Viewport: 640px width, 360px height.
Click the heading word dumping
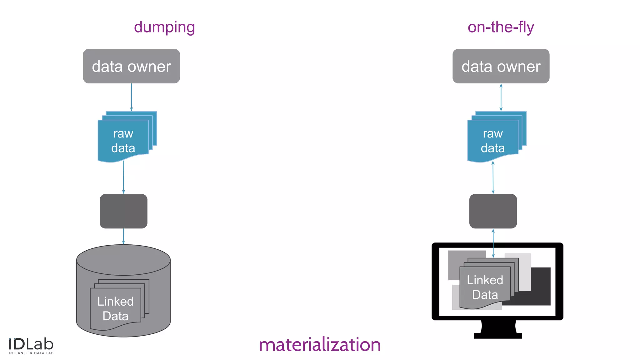pos(164,27)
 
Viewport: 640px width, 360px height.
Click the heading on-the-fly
pos(501,27)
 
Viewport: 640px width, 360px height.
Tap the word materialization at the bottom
pos(320,345)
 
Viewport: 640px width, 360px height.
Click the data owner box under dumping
pos(131,66)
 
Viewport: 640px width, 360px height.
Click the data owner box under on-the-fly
pos(501,66)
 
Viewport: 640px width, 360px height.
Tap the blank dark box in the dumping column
pos(123,211)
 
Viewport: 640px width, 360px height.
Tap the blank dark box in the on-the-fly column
pos(493,211)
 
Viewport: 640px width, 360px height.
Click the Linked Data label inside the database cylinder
pos(115,308)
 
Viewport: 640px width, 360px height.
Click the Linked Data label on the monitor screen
pos(485,287)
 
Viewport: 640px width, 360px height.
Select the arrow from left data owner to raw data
pos(131,97)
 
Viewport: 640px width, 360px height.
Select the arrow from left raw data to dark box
pos(123,177)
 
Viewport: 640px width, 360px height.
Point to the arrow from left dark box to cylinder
pos(123,236)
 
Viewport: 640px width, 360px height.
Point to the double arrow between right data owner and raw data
pos(501,97)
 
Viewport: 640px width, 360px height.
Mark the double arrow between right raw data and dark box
pos(493,177)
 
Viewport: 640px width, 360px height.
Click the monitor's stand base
pos(497,336)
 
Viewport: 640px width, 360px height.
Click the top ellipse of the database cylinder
pos(123,260)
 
